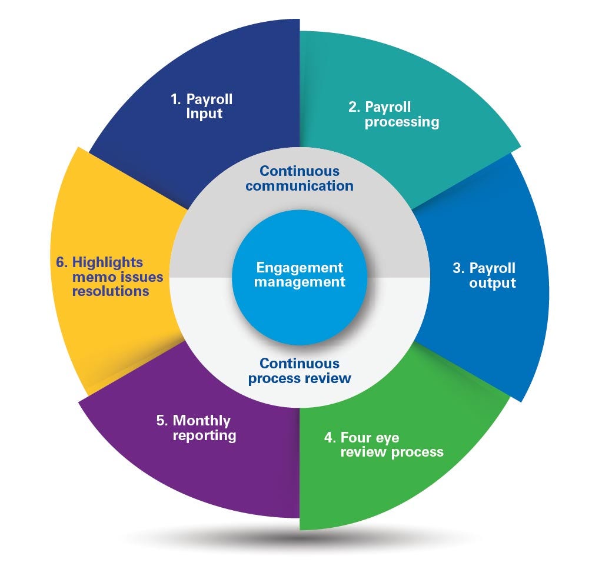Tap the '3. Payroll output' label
coord(484,275)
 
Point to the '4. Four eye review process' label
coord(383,445)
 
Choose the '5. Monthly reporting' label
coord(196,428)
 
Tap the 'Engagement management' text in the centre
coord(300,274)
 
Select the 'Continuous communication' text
coord(300,178)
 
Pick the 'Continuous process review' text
coord(300,371)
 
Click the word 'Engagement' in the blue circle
coord(300,267)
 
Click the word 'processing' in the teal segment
coord(401,122)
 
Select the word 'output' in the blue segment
coord(493,283)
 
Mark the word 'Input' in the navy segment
coord(204,114)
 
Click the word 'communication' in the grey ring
coord(300,186)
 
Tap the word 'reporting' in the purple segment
coord(204,436)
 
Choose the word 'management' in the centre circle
coord(300,282)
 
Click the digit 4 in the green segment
coord(328,437)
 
